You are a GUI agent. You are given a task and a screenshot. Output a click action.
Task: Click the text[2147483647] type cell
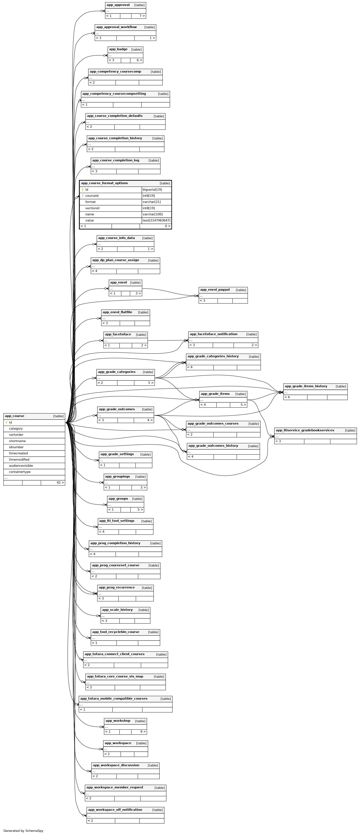(x=156, y=220)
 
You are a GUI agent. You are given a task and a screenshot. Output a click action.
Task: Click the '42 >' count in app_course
(x=60, y=483)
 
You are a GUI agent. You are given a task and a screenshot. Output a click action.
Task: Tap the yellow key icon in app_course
(x=6, y=423)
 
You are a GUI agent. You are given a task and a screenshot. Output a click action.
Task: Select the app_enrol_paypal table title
(x=215, y=290)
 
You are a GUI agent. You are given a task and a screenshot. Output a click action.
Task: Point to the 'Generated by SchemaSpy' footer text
(x=23, y=831)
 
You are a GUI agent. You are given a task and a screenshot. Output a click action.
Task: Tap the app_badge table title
(x=118, y=50)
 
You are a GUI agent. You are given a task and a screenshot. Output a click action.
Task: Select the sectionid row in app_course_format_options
(x=92, y=208)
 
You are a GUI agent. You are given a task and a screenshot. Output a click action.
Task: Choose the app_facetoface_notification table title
(x=214, y=334)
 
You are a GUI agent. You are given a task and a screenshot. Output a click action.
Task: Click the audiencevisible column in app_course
(x=21, y=466)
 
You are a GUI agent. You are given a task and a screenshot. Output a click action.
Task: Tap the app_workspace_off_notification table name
(x=115, y=810)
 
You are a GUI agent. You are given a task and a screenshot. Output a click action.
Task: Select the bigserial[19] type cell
(x=152, y=190)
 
